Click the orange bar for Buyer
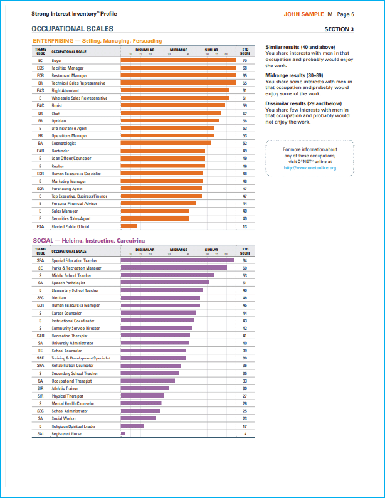point(178,60)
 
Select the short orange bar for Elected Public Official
point(129,226)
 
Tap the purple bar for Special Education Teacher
point(177,260)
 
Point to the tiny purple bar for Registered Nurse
point(123,433)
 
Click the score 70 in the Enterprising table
point(245,60)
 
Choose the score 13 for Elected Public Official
point(245,226)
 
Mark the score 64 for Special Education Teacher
point(245,260)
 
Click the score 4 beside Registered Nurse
point(245,433)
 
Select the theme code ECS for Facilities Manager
point(40,68)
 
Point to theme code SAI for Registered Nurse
point(40,433)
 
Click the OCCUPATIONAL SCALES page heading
point(72,29)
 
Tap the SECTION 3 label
point(339,29)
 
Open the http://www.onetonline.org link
point(310,168)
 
